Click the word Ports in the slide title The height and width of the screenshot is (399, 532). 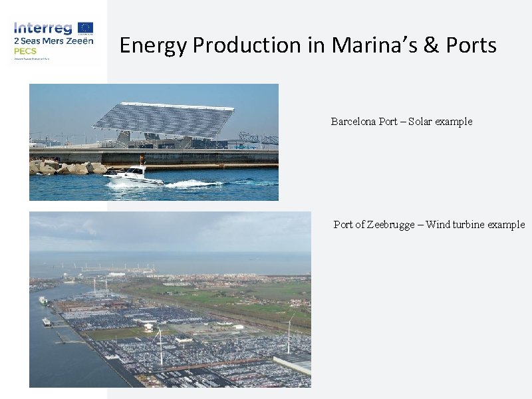tap(471, 45)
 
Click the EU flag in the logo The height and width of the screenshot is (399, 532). tap(85, 27)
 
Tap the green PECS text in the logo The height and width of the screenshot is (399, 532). tap(25, 51)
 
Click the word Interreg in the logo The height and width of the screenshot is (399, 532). tap(44, 28)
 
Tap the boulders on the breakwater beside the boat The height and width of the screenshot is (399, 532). tap(63, 167)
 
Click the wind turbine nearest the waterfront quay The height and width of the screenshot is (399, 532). tap(160, 346)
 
